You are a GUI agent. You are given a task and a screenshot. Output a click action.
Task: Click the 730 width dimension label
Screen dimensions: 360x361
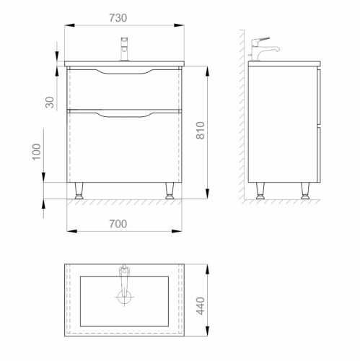[118, 18]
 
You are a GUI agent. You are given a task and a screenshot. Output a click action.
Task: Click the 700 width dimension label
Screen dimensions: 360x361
[118, 224]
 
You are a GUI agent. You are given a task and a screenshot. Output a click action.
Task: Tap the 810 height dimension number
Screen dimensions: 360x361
[201, 131]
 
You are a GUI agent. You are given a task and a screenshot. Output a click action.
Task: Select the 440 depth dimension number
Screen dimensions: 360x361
[201, 306]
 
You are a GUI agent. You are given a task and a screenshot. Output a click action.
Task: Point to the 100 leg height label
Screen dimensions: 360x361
[37, 152]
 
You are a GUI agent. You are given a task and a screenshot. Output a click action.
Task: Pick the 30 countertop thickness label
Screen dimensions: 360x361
[50, 103]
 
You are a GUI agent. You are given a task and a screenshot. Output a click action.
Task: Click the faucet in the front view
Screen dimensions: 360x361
[124, 49]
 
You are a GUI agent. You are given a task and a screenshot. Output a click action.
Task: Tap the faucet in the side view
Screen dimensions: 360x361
[264, 49]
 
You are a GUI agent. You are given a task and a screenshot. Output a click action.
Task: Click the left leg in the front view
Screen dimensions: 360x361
[79, 191]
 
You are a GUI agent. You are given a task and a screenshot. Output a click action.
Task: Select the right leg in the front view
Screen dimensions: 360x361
[170, 191]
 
